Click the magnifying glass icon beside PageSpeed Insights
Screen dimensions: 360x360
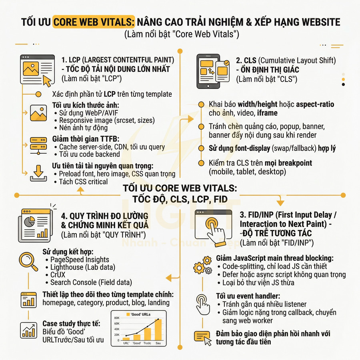tap(28, 261)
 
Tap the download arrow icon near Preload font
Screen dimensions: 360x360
tap(38, 173)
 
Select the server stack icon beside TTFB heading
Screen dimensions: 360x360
tap(38, 146)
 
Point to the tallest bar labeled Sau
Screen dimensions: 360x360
tap(158, 330)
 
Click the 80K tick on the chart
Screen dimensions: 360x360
tap(117, 318)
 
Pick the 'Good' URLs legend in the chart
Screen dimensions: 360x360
tap(138, 314)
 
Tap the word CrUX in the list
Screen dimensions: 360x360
tap(58, 274)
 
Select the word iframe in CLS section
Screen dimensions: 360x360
tap(267, 113)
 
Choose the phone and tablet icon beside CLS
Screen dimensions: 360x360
tap(213, 71)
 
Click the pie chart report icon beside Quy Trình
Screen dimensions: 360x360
tap(36, 225)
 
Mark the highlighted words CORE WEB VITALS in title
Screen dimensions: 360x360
tap(94, 22)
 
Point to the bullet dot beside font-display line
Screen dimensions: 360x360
tap(201, 148)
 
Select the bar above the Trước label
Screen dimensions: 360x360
tap(147, 334)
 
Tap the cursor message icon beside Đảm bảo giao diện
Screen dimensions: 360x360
tap(203, 338)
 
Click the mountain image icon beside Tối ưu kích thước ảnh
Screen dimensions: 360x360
tap(38, 113)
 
